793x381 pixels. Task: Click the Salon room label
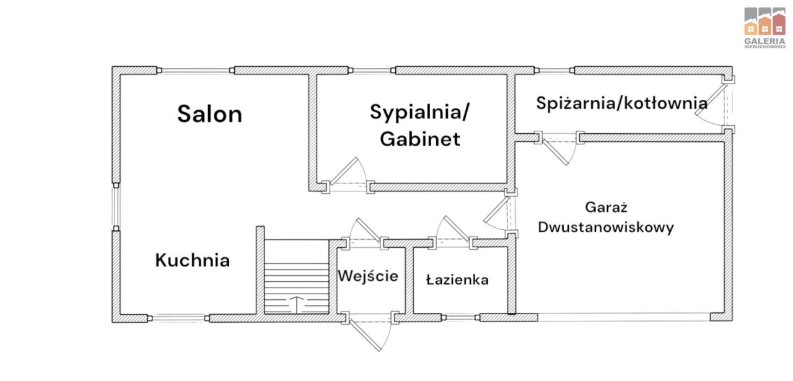[209, 114]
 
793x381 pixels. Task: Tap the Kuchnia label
[192, 260]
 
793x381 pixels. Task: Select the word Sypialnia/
[420, 112]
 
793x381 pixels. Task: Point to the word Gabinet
[420, 139]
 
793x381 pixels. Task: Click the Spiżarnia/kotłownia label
[622, 103]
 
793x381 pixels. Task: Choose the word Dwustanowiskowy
[605, 227]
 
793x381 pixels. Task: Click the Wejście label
[367, 276]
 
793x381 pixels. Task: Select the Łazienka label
[457, 280]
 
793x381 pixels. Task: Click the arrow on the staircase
[297, 304]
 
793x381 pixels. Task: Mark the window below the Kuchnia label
[180, 318]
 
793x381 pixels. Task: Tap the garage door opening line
[623, 317]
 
